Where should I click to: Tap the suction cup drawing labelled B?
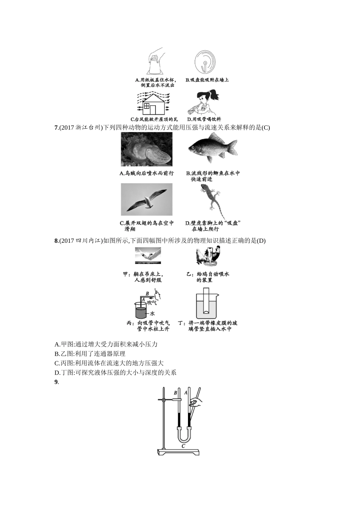pyautogui.click(x=205, y=62)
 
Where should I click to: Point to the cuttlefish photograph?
pyautogui.click(x=146, y=149)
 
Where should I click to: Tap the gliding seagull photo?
pyautogui.click(x=146, y=200)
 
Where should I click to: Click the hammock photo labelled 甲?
pyautogui.click(x=148, y=256)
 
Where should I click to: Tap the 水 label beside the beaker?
pyautogui.click(x=152, y=314)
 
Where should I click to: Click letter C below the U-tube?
pyautogui.click(x=183, y=446)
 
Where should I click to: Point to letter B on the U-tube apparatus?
pyautogui.click(x=175, y=393)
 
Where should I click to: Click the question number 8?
pyautogui.click(x=56, y=241)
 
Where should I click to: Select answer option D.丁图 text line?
pyautogui.click(x=116, y=372)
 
